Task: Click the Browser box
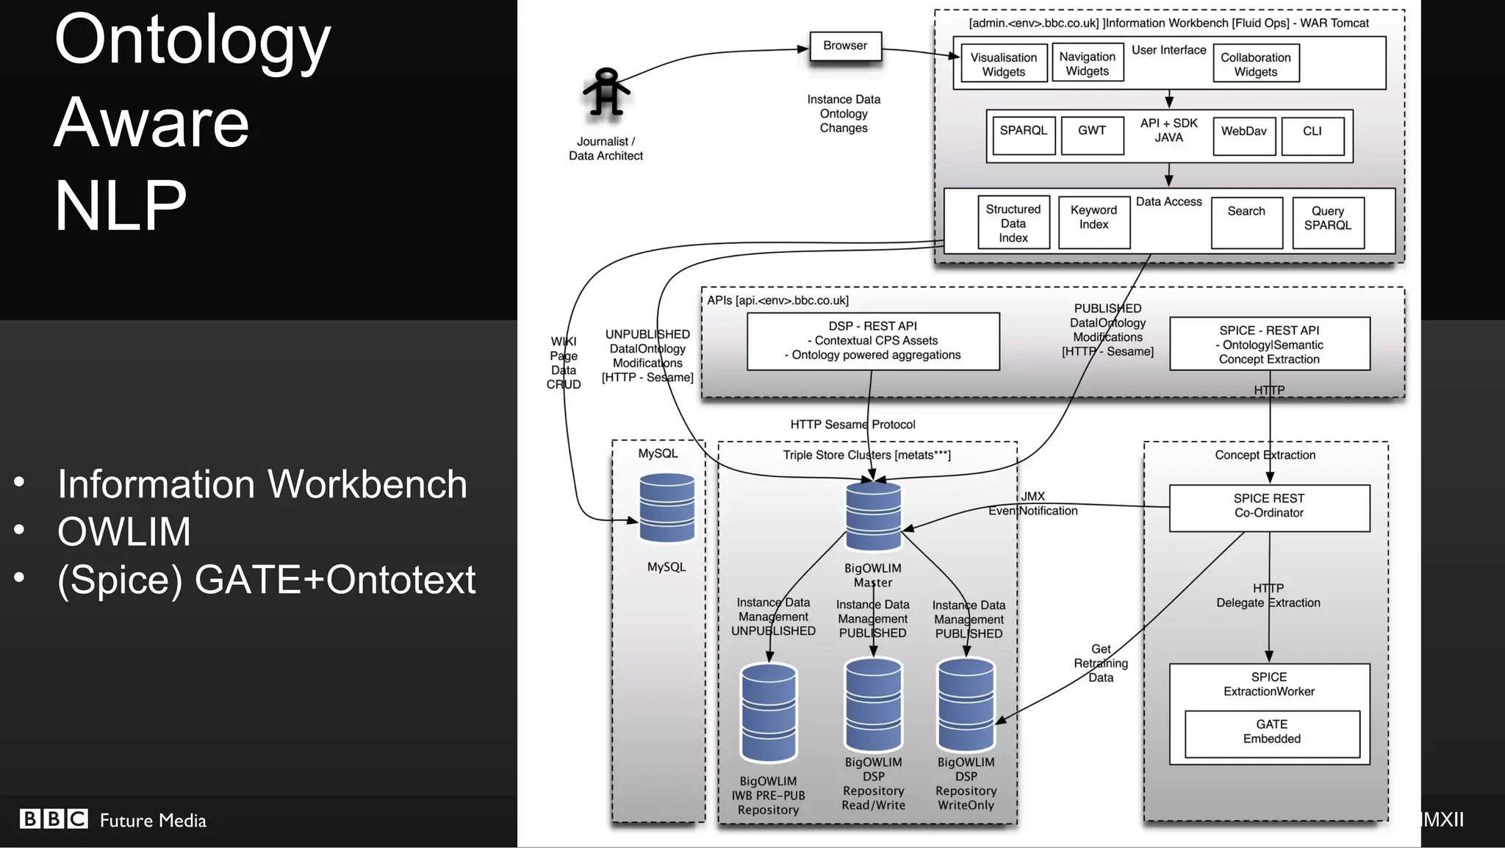coord(845,46)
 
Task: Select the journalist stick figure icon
coord(606,93)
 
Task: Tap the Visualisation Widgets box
coord(1003,64)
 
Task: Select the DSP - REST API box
coord(873,341)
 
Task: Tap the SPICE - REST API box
coord(1269,344)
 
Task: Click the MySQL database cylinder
coord(667,508)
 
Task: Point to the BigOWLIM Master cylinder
coord(873,516)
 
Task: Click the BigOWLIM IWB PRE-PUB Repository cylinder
coord(769,713)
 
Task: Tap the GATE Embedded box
coord(1272,733)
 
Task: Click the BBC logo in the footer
coord(54,819)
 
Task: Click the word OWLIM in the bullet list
coord(124,531)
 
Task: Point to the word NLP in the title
coord(121,206)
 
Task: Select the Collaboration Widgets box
coord(1255,64)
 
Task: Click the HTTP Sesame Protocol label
coord(852,424)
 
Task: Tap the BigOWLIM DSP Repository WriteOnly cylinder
coord(966,705)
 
